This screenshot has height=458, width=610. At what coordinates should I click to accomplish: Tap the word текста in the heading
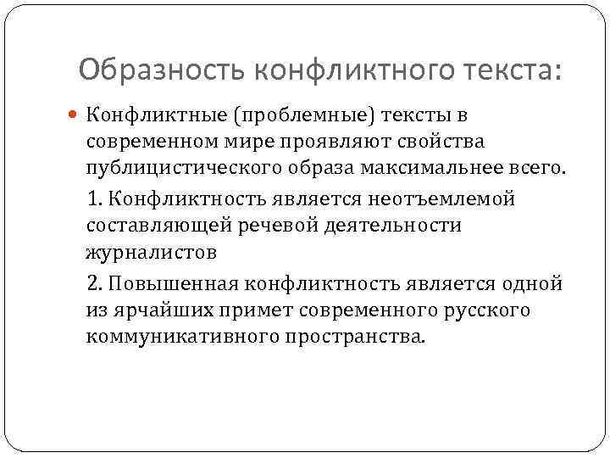coord(513,68)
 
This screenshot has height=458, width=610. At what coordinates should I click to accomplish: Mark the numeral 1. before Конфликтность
coord(94,198)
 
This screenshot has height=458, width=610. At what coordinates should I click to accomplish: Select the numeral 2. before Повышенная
coord(95,282)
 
